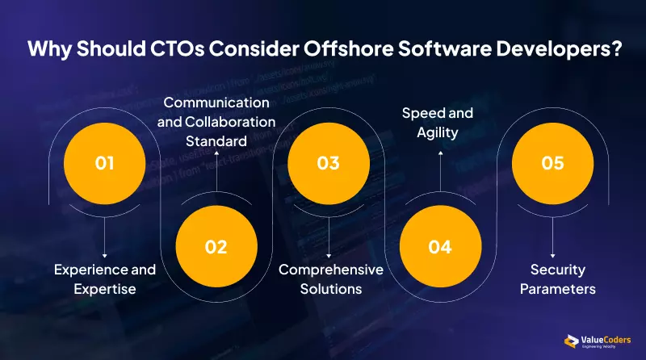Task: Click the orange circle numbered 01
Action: (x=104, y=164)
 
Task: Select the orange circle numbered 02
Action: (x=216, y=247)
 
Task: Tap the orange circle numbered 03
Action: (x=328, y=164)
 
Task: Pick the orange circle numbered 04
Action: (x=439, y=247)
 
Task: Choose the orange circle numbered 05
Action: (x=552, y=164)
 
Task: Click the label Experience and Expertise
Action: (x=104, y=278)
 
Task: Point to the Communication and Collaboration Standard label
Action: (x=216, y=122)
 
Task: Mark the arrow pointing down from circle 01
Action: (x=104, y=239)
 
